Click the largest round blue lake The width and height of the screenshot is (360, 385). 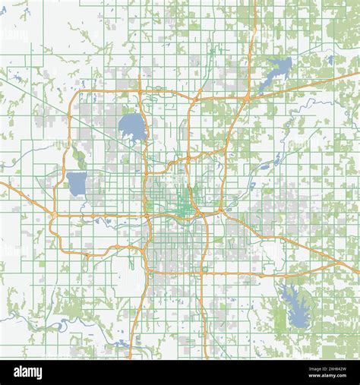tap(132, 127)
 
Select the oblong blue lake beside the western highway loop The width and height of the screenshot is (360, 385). tap(77, 183)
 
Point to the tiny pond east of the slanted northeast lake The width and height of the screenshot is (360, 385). tap(329, 58)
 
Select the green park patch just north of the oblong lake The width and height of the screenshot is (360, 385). tap(79, 159)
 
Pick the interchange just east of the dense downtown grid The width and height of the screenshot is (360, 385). tap(221, 210)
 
